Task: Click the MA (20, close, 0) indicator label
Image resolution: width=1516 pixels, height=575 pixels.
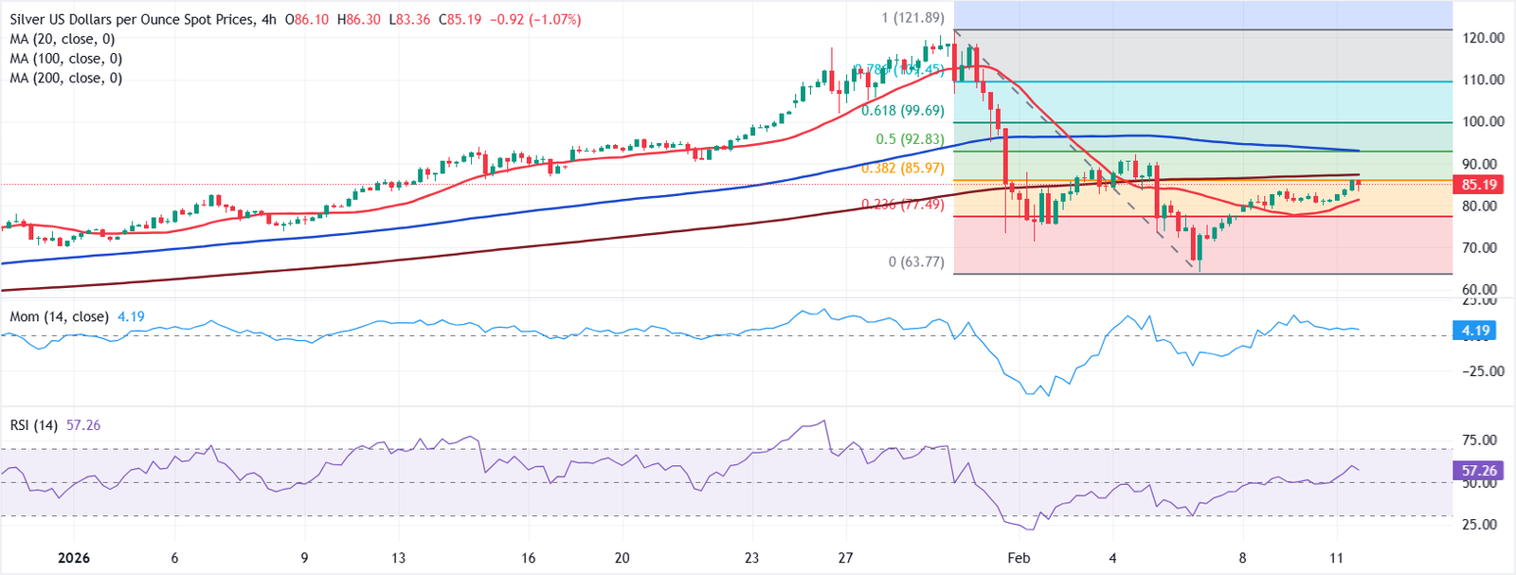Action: pyautogui.click(x=63, y=39)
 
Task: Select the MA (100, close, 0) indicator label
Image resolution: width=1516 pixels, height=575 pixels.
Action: pyautogui.click(x=66, y=59)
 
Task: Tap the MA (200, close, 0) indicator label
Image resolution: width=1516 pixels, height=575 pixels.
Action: pyautogui.click(x=66, y=78)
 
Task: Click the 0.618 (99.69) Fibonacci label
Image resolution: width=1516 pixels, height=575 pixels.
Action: pyautogui.click(x=902, y=111)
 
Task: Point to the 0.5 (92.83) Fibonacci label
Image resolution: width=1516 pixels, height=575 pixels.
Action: pyautogui.click(x=910, y=139)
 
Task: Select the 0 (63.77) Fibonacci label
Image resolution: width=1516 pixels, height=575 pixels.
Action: pyautogui.click(x=916, y=261)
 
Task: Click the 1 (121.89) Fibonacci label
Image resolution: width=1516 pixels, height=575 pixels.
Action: pyautogui.click(x=912, y=18)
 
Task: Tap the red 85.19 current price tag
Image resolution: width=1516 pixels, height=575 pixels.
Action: pyautogui.click(x=1478, y=185)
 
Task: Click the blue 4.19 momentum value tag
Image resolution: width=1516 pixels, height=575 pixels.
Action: pyautogui.click(x=1475, y=331)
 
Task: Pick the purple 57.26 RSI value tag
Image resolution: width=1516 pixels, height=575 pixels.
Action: pyautogui.click(x=1478, y=470)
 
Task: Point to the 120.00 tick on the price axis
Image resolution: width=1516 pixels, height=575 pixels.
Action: pyautogui.click(x=1483, y=38)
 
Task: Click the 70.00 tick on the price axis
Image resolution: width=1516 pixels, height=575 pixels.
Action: pyautogui.click(x=1483, y=248)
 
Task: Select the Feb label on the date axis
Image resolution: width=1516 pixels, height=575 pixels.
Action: pyautogui.click(x=1019, y=558)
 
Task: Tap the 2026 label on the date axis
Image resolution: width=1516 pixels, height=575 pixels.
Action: pyautogui.click(x=74, y=558)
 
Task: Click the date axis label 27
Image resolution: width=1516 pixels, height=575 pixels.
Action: pyautogui.click(x=846, y=558)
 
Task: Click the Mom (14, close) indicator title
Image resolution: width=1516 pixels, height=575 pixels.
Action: pyautogui.click(x=59, y=316)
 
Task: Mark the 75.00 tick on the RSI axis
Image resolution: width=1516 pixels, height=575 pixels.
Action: pyautogui.click(x=1479, y=440)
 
